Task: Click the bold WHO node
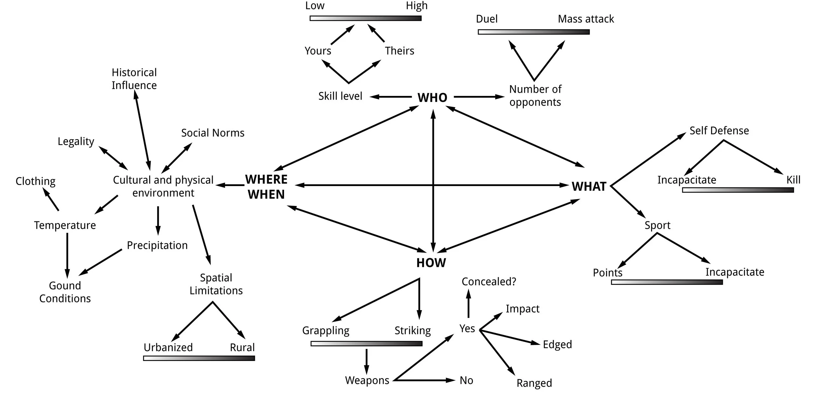(x=432, y=98)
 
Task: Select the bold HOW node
(x=431, y=263)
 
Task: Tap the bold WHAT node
(x=589, y=186)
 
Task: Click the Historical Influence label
(x=134, y=79)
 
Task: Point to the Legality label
(x=76, y=141)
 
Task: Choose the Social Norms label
(x=213, y=133)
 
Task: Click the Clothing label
(x=35, y=181)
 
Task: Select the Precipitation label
(x=157, y=245)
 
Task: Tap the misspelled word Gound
(x=65, y=286)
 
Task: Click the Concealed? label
(x=489, y=281)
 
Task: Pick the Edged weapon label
(x=557, y=344)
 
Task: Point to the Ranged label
(x=534, y=383)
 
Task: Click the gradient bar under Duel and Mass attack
(x=534, y=32)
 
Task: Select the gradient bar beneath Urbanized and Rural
(x=199, y=358)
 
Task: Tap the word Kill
(x=793, y=180)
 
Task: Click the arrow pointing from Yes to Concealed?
(x=469, y=304)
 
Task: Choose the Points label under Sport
(x=607, y=272)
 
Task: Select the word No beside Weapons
(x=466, y=380)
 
